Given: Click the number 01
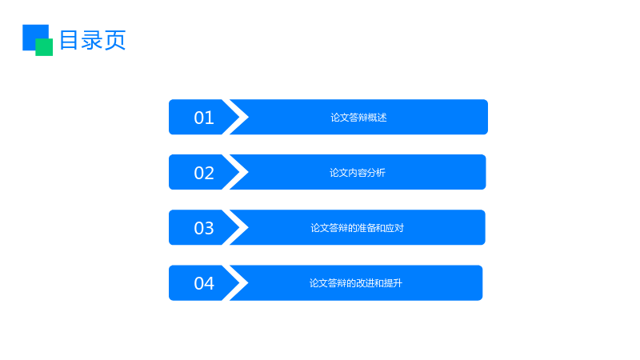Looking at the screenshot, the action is pyautogui.click(x=204, y=118).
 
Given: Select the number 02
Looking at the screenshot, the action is pyautogui.click(x=204, y=173).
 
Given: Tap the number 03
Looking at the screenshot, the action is pyautogui.click(x=204, y=228).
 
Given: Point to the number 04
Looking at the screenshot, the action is pyautogui.click(x=204, y=283).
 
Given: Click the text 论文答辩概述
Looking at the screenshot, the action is pyautogui.click(x=358, y=118).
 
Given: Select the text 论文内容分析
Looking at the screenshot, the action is pyautogui.click(x=358, y=173).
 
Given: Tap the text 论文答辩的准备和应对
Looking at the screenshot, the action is pyautogui.click(x=357, y=228).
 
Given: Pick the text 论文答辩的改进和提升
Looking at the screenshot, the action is pyautogui.click(x=356, y=283).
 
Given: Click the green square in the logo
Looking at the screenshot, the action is pyautogui.click(x=44, y=47).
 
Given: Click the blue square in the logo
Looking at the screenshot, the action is pyautogui.click(x=33, y=34).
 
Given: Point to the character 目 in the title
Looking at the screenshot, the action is pyautogui.click(x=69, y=40).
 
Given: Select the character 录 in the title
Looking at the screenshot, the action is pyautogui.click(x=92, y=40).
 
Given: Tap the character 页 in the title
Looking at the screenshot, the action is pyautogui.click(x=115, y=40).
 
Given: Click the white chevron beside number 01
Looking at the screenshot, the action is pyautogui.click(x=239, y=117).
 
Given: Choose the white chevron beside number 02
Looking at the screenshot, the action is pyautogui.click(x=239, y=172).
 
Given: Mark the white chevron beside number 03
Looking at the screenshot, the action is pyautogui.click(x=239, y=227).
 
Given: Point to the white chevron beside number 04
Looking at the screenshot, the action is pyautogui.click(x=239, y=283).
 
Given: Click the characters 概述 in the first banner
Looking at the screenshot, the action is pyautogui.click(x=378, y=118).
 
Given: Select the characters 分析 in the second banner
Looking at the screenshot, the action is pyautogui.click(x=376, y=173).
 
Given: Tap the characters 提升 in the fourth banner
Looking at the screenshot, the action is pyautogui.click(x=394, y=283).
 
